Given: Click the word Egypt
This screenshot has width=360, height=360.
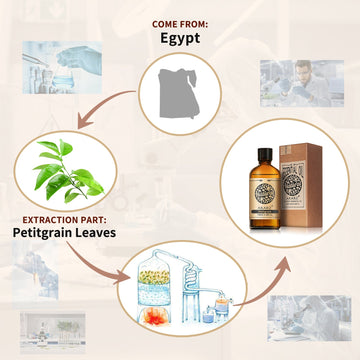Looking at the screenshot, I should point(180,39).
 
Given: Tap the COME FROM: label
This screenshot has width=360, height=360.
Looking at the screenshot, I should point(180,22).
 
